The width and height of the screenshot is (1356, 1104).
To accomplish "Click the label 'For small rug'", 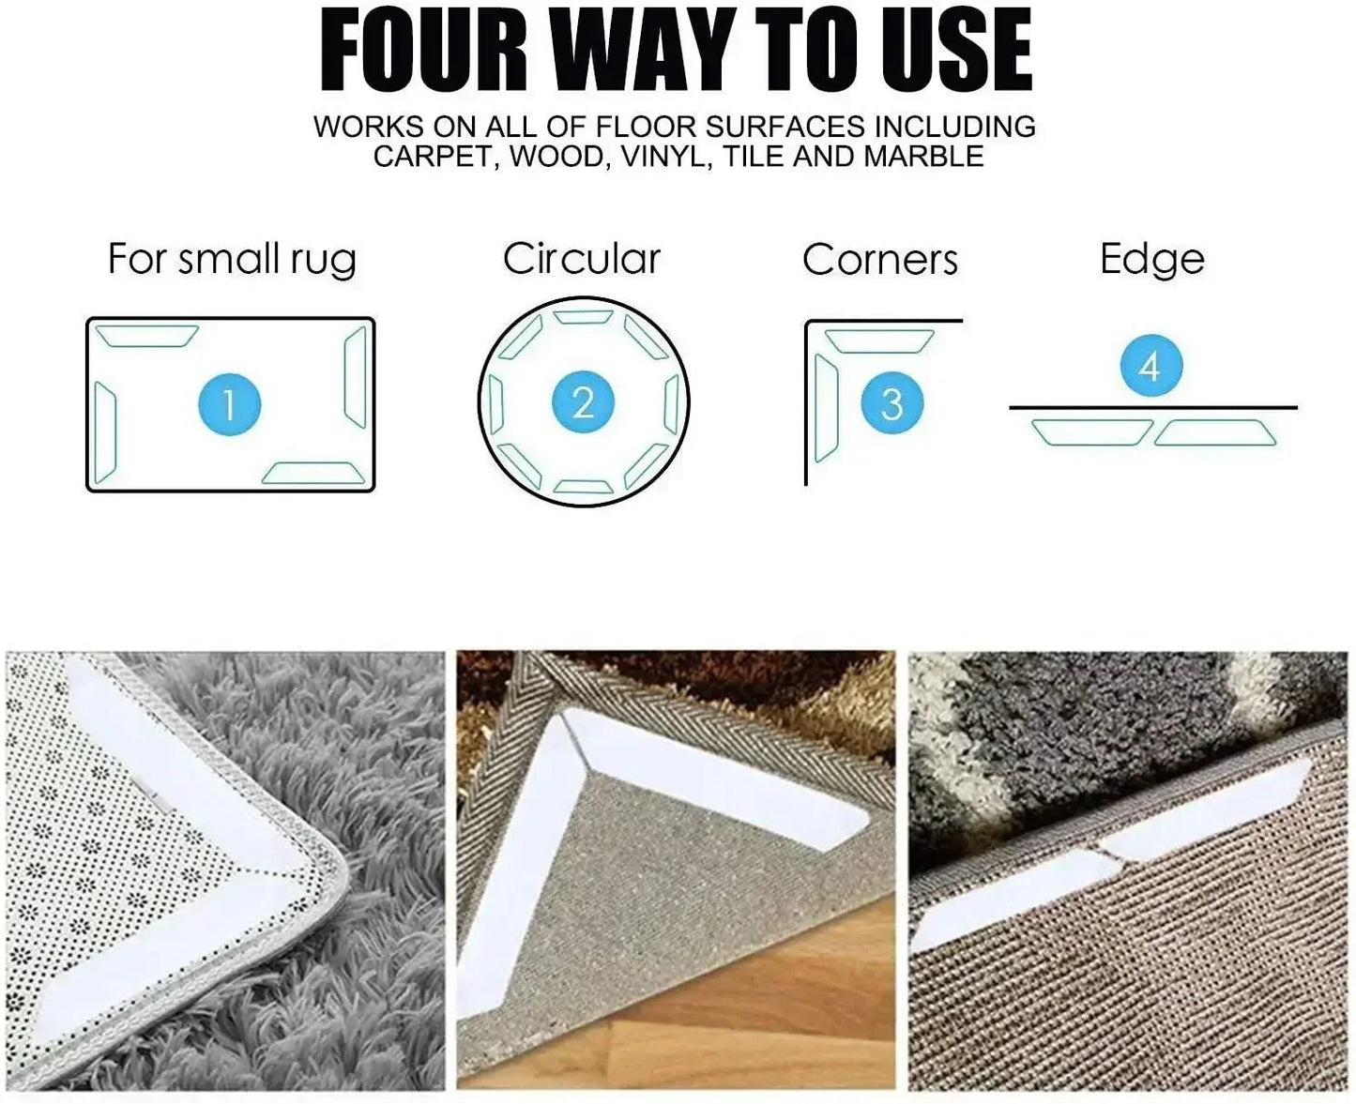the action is coord(232,260).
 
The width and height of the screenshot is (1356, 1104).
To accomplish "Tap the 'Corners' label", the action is coord(880,260).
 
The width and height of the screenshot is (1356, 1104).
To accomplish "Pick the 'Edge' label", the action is coord(1152,260).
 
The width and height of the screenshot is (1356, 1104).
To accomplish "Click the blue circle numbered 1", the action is coord(230,404).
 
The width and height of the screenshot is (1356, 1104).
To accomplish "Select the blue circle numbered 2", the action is coord(583,401).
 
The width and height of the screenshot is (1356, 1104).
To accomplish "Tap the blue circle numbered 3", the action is coord(891,402).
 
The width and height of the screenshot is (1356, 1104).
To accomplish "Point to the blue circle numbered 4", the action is coord(1151,366).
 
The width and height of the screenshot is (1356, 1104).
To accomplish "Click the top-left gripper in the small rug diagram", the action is coord(146,336).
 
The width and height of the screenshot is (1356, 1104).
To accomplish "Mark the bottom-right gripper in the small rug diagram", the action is coord(313,474).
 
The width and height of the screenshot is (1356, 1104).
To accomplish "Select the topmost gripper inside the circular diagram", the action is coord(583,317).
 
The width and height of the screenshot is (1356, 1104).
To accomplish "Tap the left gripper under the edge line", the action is coord(1092,432).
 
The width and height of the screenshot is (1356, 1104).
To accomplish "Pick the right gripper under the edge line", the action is coord(1214,432).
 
